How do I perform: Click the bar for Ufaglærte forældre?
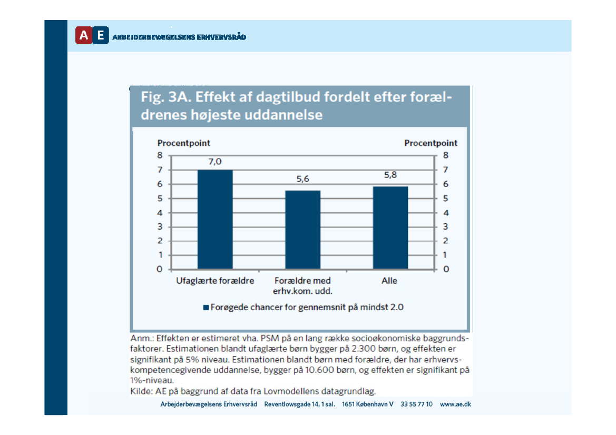pyautogui.click(x=215, y=219)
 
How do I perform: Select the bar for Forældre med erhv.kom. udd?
pyautogui.click(x=302, y=230)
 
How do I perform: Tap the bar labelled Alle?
pyautogui.click(x=390, y=228)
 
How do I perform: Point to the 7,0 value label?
pyautogui.click(x=214, y=162)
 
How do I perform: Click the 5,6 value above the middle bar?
pyautogui.click(x=302, y=180)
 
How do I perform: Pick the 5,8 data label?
pyautogui.click(x=390, y=175)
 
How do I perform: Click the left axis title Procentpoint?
pyautogui.click(x=184, y=143)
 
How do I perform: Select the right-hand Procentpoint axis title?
pyautogui.click(x=431, y=143)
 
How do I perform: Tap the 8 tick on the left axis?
pyautogui.click(x=160, y=155)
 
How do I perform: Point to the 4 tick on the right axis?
pyautogui.click(x=445, y=213)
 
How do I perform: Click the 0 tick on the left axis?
pyautogui.click(x=160, y=270)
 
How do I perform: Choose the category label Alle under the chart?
pyautogui.click(x=389, y=281)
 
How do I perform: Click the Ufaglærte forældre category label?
pyautogui.click(x=215, y=281)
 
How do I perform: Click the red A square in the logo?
pyautogui.click(x=83, y=35)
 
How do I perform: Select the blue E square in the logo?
pyautogui.click(x=101, y=35)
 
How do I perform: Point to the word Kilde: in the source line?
pyautogui.click(x=141, y=391)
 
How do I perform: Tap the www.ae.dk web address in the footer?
pyautogui.click(x=455, y=404)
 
